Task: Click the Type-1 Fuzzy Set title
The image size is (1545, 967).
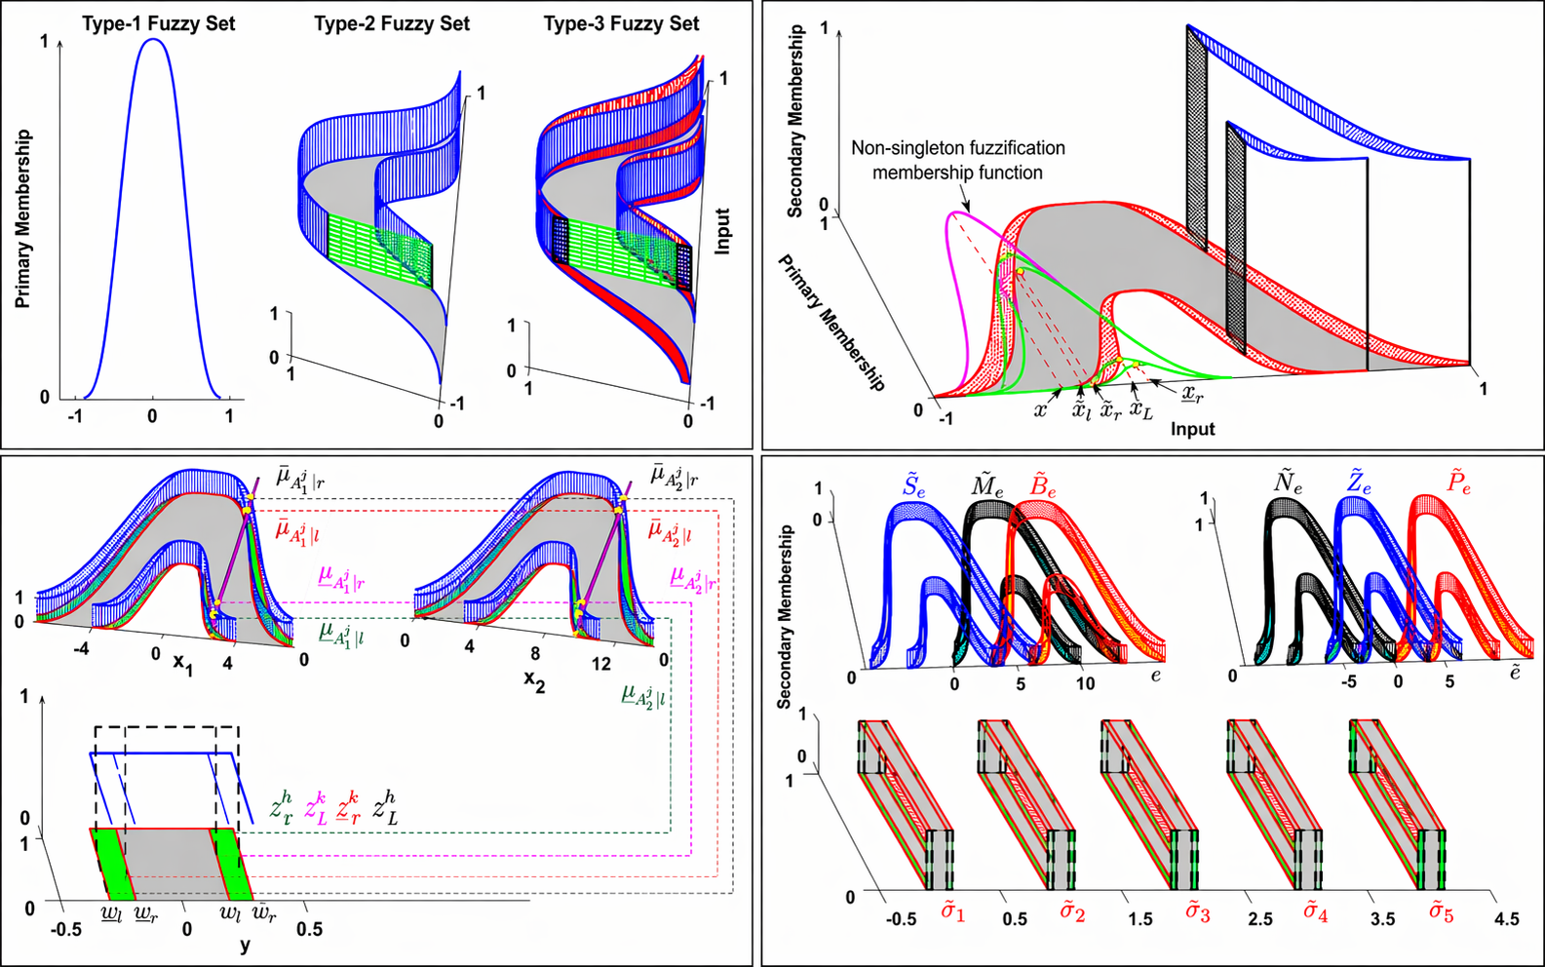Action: pyautogui.click(x=158, y=23)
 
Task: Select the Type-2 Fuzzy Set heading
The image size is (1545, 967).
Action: pyautogui.click(x=392, y=23)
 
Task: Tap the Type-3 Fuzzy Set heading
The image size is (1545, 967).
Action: pyautogui.click(x=621, y=23)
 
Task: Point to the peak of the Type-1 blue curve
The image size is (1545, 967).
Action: pyautogui.click(x=153, y=41)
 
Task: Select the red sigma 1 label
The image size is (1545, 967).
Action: pyautogui.click(x=952, y=913)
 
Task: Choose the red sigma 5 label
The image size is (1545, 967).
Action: pyautogui.click(x=1442, y=913)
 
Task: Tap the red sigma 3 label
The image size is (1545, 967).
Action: pyautogui.click(x=1197, y=913)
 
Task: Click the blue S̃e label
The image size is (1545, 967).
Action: pyautogui.click(x=913, y=485)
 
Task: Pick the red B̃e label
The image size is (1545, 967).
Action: pyautogui.click(x=1042, y=485)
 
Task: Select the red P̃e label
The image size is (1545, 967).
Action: pyautogui.click(x=1458, y=483)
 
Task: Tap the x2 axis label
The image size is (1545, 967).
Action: pyautogui.click(x=534, y=679)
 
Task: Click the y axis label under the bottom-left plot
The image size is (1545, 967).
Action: pyautogui.click(x=245, y=945)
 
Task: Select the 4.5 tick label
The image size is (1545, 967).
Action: pyautogui.click(x=1506, y=919)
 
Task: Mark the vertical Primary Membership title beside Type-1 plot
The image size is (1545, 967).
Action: pyautogui.click(x=23, y=219)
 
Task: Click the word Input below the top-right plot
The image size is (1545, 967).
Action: pyautogui.click(x=1192, y=430)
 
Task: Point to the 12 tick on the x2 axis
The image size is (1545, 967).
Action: pyautogui.click(x=601, y=664)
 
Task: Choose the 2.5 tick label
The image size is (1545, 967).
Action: pyautogui.click(x=1260, y=919)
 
